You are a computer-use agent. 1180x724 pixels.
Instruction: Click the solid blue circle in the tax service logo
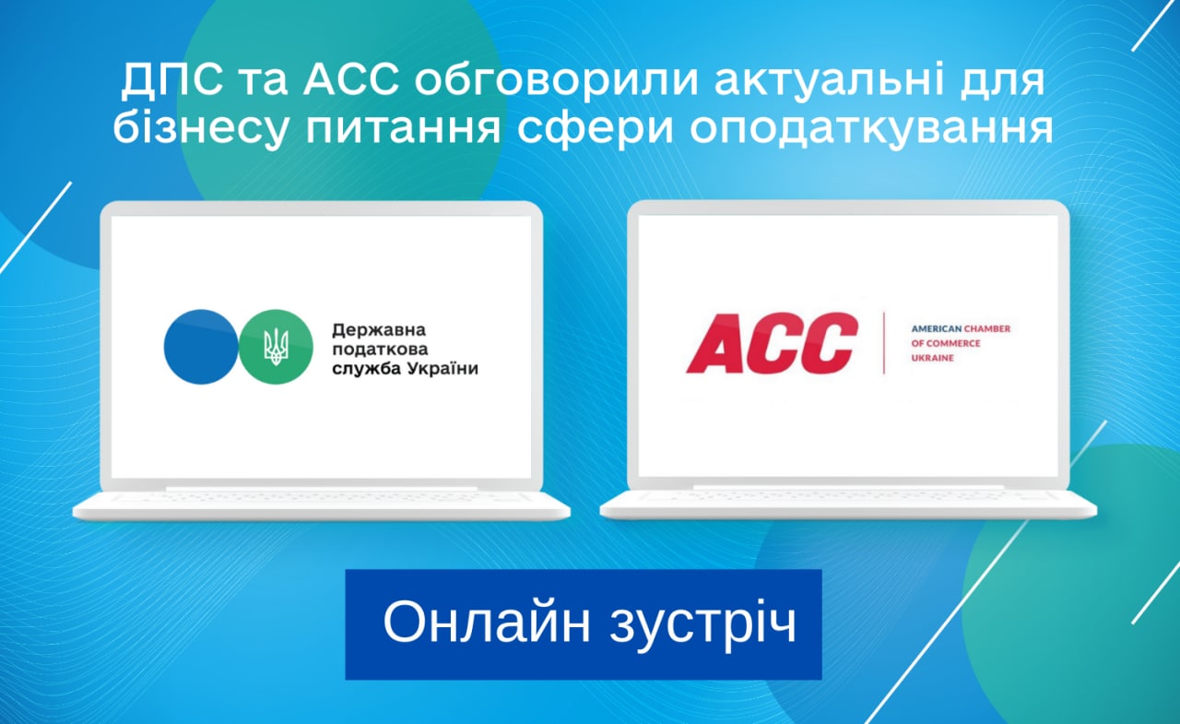click(x=201, y=347)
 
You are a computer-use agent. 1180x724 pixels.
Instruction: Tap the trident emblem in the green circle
click(x=276, y=347)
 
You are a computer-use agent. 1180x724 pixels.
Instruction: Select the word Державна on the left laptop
click(x=379, y=330)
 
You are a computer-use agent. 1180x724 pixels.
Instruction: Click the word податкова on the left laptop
click(x=380, y=350)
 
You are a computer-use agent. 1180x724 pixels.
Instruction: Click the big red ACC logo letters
click(x=773, y=343)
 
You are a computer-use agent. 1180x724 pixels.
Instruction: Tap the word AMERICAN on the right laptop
click(x=936, y=329)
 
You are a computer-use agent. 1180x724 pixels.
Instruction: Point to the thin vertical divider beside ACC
click(x=884, y=343)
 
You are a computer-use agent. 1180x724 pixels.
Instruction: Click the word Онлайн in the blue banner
click(x=486, y=623)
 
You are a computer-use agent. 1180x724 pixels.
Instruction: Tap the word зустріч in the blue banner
click(x=703, y=623)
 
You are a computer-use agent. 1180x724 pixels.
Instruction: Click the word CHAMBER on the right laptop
click(x=987, y=329)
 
